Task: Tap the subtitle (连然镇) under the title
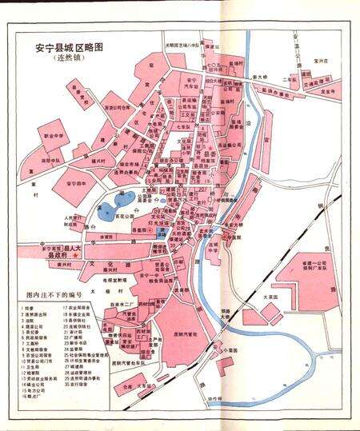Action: [x=72, y=60]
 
